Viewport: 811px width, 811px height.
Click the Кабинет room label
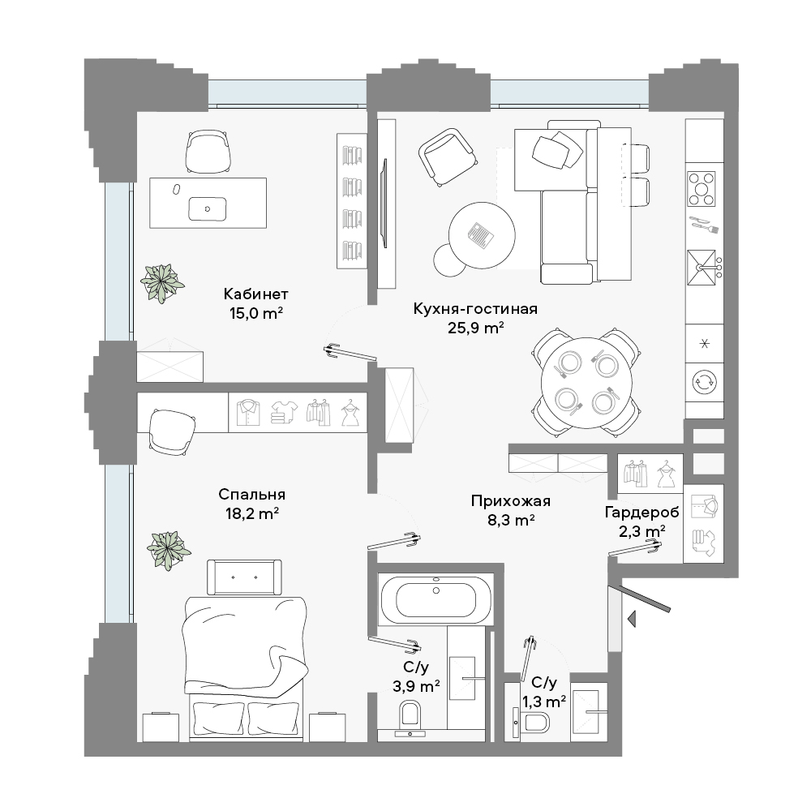coord(255,294)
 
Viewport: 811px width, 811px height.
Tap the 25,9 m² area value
coord(476,328)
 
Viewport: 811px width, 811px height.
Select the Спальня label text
coord(252,495)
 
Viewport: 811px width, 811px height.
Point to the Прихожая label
coord(510,501)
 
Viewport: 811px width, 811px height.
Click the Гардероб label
coord(642,513)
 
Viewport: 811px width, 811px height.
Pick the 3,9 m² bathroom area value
coord(416,686)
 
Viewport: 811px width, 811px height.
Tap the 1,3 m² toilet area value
coord(543,702)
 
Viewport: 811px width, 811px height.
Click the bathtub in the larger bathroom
coord(436,600)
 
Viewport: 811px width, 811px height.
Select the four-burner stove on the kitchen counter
coord(702,189)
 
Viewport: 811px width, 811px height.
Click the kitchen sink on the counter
coord(702,268)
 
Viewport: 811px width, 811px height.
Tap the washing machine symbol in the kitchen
coord(705,382)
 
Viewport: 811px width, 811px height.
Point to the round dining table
coord(586,384)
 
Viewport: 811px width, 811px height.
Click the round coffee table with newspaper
coord(482,235)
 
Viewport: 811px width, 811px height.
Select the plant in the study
coord(162,283)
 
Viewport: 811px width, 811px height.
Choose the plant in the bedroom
coord(169,551)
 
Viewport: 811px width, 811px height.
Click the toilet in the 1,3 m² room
coord(532,720)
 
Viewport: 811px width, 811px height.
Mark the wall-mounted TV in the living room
coord(384,204)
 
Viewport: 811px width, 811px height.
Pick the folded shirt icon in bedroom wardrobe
coord(248,412)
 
